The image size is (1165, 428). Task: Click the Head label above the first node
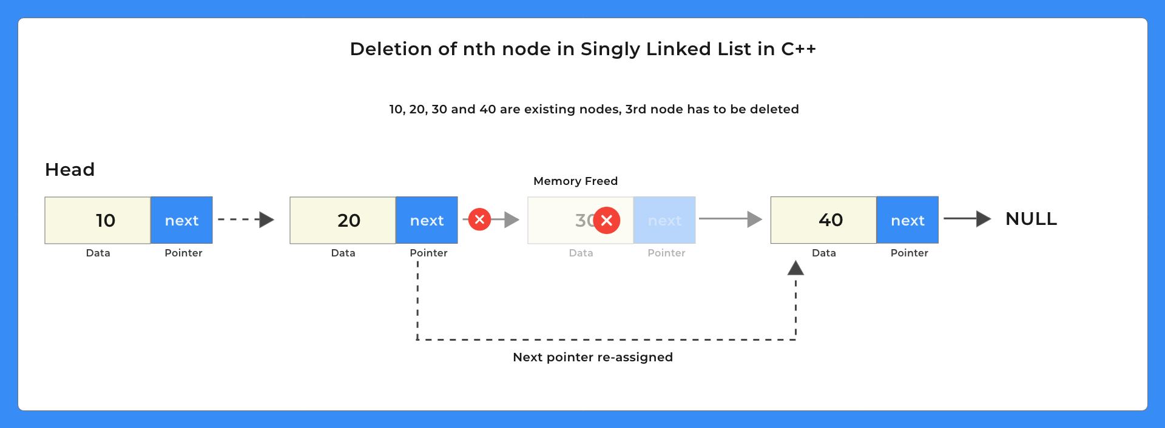click(x=70, y=170)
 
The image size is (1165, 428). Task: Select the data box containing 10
click(x=98, y=220)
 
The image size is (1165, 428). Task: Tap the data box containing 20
click(x=343, y=220)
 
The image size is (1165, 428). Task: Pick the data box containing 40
click(x=823, y=219)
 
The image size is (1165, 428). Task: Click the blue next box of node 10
click(x=181, y=220)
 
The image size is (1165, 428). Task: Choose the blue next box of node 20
click(x=427, y=220)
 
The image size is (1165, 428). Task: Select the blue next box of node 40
click(x=907, y=219)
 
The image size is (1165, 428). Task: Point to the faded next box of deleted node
click(x=664, y=220)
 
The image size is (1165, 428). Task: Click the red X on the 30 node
click(x=606, y=220)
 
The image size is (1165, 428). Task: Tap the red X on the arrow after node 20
click(x=479, y=219)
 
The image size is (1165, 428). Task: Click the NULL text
click(x=1031, y=219)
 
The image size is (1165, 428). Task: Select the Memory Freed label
click(x=575, y=181)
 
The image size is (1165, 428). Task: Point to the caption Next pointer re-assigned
click(x=593, y=357)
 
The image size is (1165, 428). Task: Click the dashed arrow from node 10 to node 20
click(x=246, y=219)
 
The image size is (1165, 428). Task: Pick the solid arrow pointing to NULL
click(x=967, y=219)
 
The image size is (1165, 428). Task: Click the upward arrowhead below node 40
click(x=795, y=268)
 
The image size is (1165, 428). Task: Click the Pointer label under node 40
click(x=909, y=253)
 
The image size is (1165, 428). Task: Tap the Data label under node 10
click(x=98, y=253)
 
